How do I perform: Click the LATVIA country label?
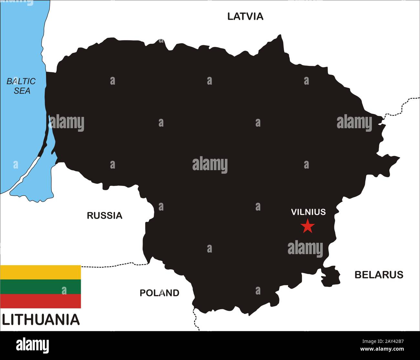click(x=245, y=16)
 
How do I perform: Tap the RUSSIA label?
click(x=104, y=215)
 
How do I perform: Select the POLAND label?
click(x=159, y=293)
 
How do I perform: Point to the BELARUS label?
click(x=379, y=274)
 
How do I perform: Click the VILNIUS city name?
click(x=308, y=212)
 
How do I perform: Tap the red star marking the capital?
click(x=308, y=226)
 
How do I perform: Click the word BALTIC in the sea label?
click(x=21, y=81)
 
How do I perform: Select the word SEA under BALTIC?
click(x=22, y=91)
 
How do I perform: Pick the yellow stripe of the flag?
click(x=40, y=272)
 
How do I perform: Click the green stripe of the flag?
click(x=40, y=286)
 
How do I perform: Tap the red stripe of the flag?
click(x=40, y=301)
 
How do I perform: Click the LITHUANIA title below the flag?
click(x=41, y=320)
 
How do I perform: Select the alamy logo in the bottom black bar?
click(x=32, y=345)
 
